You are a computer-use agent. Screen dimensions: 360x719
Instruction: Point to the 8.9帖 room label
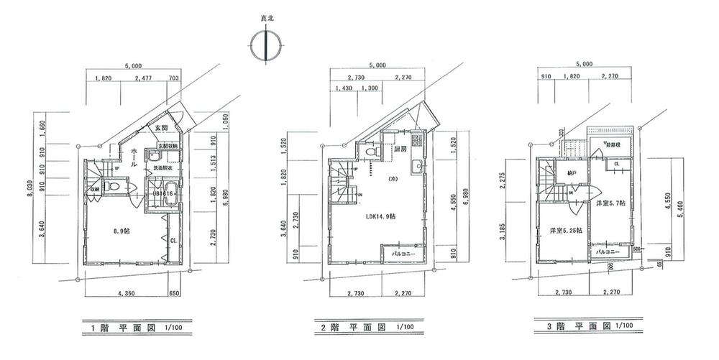122,231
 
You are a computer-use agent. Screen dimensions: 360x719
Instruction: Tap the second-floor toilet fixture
370,153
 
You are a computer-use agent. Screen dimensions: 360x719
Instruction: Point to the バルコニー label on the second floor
406,254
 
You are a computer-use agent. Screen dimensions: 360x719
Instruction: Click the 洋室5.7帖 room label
610,203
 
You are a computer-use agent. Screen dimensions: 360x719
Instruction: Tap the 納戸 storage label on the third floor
572,173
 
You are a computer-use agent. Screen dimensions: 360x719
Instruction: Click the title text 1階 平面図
124,327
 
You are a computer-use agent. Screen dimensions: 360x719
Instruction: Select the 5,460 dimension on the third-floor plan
687,213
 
